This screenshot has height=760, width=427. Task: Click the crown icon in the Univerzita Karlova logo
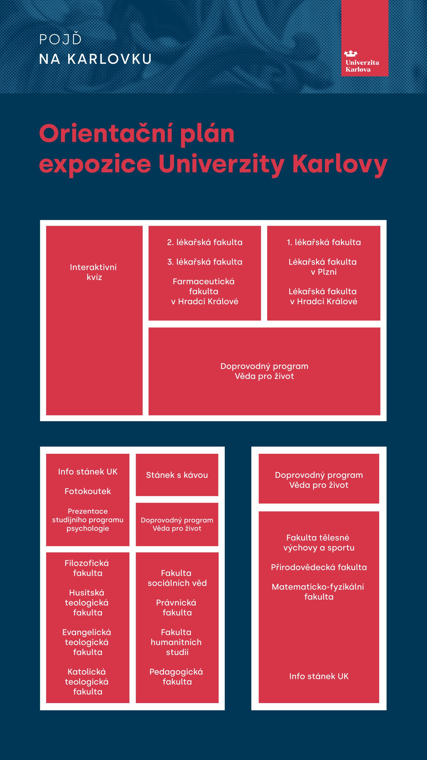(350, 53)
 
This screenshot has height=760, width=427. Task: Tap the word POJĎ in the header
(60, 40)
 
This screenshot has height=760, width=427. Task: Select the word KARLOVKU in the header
(109, 59)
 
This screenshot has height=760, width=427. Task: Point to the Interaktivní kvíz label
(94, 272)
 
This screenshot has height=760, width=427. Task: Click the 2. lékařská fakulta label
(204, 242)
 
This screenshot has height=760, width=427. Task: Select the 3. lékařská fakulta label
(204, 262)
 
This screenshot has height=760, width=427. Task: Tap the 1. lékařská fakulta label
(323, 242)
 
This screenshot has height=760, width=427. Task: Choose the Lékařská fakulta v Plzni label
(323, 267)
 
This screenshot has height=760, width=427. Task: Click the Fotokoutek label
(88, 491)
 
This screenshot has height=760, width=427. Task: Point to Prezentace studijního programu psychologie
(88, 519)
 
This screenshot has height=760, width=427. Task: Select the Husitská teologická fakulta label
(87, 602)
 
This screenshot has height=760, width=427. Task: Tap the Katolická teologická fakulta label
(87, 681)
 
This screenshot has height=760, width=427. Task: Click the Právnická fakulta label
(176, 607)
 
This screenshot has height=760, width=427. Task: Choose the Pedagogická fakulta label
(176, 677)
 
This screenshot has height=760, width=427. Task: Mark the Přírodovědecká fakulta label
(319, 567)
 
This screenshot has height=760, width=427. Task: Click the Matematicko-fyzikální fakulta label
(318, 592)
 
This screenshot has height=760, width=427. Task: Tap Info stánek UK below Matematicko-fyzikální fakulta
(319, 676)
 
